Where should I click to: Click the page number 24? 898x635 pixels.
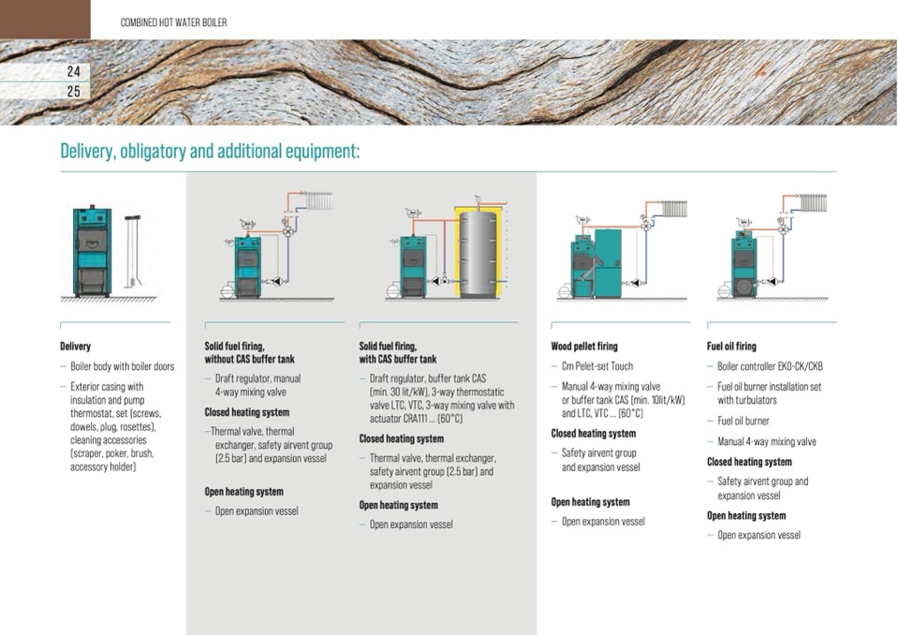tap(73, 71)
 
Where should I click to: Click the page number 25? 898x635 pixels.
tap(73, 91)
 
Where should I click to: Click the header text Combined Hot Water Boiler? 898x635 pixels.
tap(173, 22)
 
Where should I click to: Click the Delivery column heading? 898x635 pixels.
tap(75, 346)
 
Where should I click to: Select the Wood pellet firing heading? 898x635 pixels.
tap(584, 346)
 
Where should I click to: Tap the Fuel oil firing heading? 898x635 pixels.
tap(731, 346)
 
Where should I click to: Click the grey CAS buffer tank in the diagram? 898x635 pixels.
tap(478, 251)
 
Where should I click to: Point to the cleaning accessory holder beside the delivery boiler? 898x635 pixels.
tap(132, 251)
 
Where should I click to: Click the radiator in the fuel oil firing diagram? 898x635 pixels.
tap(813, 203)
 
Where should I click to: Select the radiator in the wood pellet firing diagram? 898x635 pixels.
tap(673, 209)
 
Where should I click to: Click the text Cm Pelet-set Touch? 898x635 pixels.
tap(597, 366)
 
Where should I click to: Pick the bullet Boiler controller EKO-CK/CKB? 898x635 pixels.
tap(770, 366)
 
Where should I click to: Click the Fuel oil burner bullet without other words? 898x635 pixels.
tap(743, 421)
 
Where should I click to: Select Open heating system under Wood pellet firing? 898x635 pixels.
tap(590, 502)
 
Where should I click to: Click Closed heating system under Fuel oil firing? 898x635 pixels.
tap(749, 462)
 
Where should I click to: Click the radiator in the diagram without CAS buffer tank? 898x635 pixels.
tap(319, 201)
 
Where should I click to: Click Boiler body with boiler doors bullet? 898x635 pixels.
tap(122, 366)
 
